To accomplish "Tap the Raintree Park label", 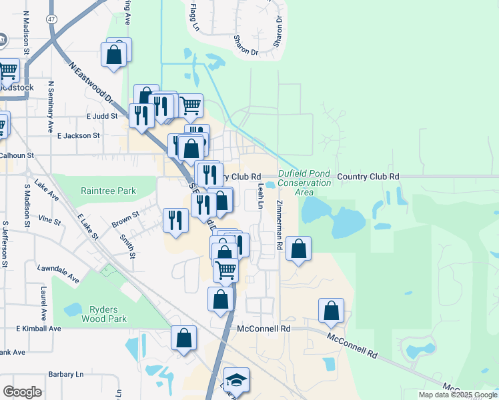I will [108, 191].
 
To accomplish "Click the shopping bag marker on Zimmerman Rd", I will [299, 249].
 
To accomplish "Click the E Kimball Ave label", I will [38, 329].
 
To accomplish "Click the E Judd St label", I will [101, 115].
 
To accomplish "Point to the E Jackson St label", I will [78, 135].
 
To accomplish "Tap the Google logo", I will [22, 392].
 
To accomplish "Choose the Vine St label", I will [49, 219].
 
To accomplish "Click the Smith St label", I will [127, 245].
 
